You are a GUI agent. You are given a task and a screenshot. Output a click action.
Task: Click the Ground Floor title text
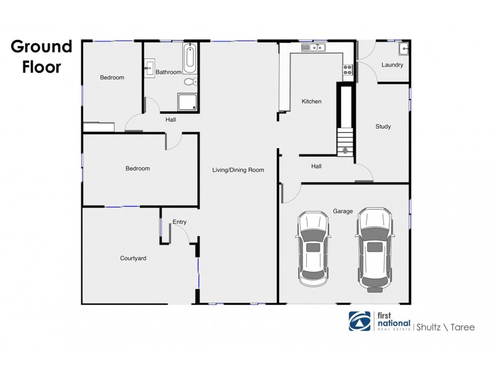[x=41, y=57]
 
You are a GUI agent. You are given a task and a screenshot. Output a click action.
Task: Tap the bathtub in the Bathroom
[x=190, y=58]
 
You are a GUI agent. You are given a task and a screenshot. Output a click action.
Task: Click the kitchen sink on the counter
[x=313, y=47]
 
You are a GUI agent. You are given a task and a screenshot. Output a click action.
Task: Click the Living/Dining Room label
[x=238, y=170]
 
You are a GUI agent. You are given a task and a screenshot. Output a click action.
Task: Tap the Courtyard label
[x=132, y=258]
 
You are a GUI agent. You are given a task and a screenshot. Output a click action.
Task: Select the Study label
[x=383, y=127]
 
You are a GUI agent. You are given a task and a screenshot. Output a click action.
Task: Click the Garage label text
[x=343, y=211]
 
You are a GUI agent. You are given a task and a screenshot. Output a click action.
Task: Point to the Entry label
[x=179, y=222]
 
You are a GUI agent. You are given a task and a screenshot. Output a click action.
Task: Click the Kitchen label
[x=311, y=101]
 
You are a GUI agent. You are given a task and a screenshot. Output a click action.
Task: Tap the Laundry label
[x=393, y=65]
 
